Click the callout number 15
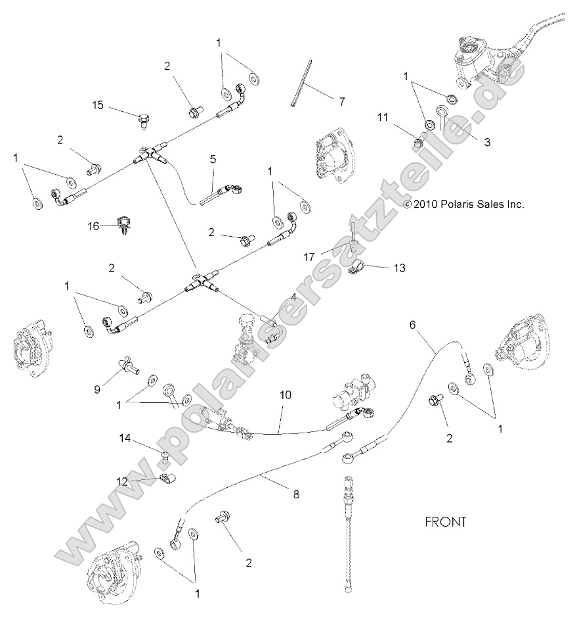click(98, 105)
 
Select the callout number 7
click(341, 101)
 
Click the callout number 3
click(487, 141)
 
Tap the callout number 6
click(413, 325)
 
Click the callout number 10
click(285, 395)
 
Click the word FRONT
click(446, 522)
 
